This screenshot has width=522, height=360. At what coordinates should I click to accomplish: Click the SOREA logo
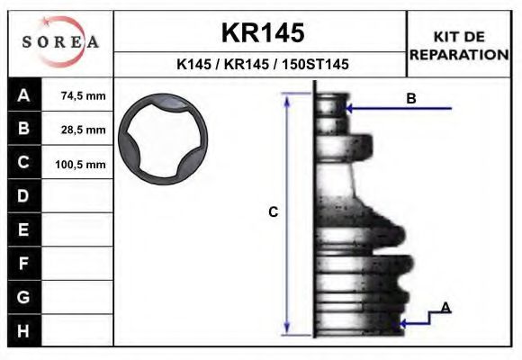[60, 42]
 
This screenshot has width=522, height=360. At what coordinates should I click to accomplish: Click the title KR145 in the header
[262, 33]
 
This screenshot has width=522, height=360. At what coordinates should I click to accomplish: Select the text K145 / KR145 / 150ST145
[262, 65]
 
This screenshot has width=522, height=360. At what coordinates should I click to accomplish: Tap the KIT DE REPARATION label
[459, 45]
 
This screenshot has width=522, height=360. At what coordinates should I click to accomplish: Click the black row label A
[23, 96]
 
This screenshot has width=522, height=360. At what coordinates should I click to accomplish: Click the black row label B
[23, 130]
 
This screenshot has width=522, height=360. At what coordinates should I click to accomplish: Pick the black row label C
[23, 163]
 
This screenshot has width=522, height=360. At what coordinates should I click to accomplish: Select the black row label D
[23, 196]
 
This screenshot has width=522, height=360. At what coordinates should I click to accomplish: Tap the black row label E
[23, 229]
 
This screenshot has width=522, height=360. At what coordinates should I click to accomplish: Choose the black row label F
[23, 263]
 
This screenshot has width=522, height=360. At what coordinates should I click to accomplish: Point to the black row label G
[23, 296]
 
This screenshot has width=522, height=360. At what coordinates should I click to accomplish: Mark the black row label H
[23, 330]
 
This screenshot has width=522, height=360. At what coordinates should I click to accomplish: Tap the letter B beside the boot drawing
[410, 98]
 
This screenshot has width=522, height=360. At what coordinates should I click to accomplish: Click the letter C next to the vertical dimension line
[274, 212]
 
